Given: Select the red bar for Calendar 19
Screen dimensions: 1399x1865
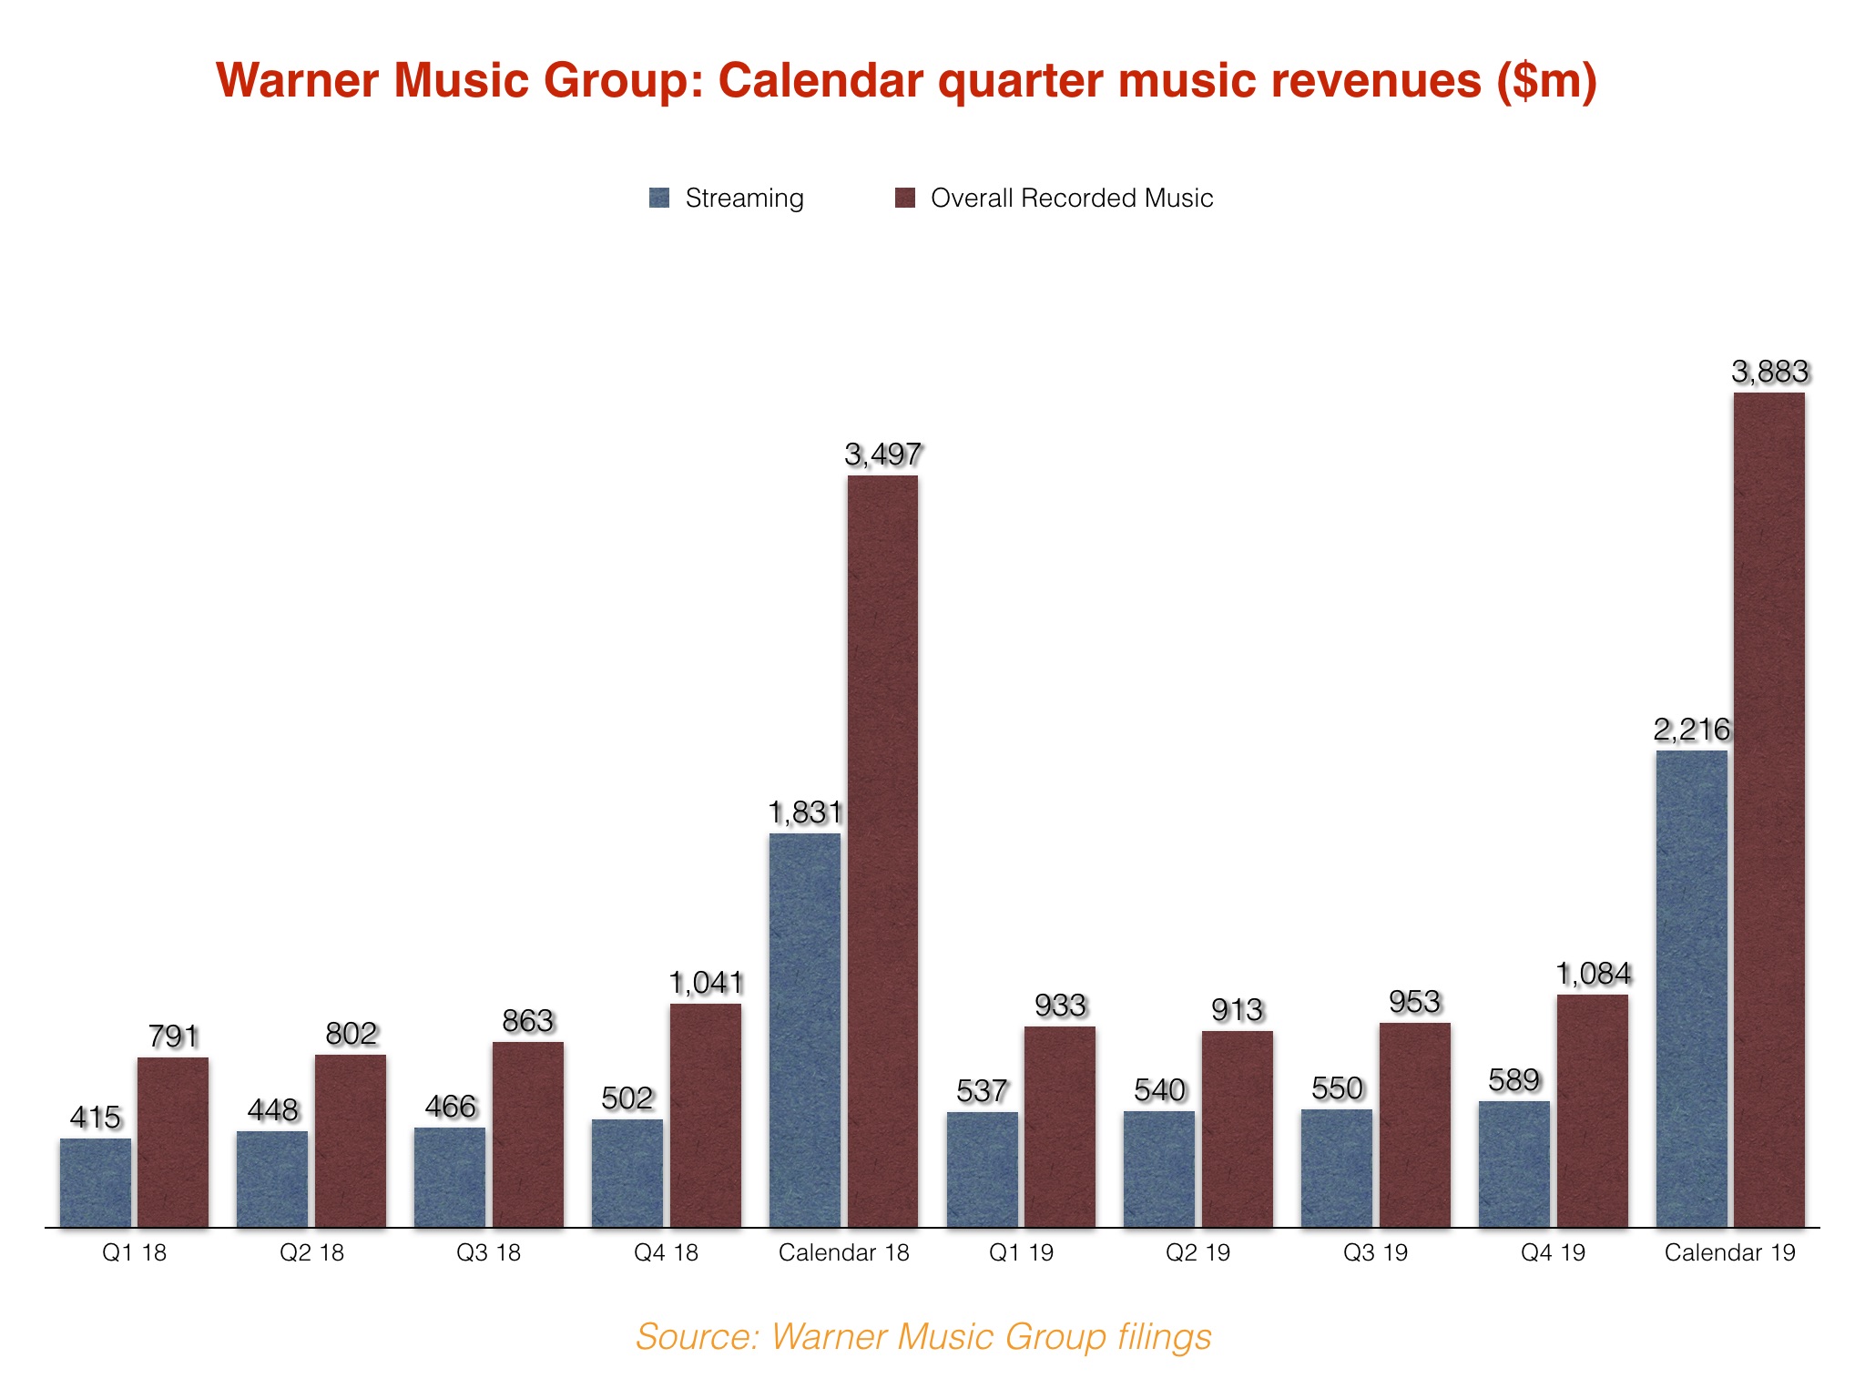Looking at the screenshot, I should point(1768,811).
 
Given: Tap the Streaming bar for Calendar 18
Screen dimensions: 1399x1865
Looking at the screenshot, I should point(805,1029).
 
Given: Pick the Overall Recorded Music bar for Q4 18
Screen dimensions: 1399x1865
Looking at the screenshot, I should point(706,1116).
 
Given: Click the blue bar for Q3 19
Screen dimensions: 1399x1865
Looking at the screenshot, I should point(1336,1168).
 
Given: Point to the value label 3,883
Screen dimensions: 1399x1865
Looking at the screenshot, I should point(1769,372).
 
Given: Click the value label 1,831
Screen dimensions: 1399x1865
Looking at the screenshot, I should point(805,812).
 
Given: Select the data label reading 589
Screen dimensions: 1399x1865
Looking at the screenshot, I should point(1513,1080).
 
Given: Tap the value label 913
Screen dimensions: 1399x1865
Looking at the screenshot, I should point(1237,1010).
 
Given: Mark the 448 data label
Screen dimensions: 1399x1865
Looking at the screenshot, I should point(272,1110).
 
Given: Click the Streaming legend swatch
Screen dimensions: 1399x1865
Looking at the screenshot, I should point(659,198).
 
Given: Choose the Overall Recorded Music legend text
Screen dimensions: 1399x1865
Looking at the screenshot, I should point(1071,198).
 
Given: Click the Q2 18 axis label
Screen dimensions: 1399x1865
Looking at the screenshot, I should point(311,1252).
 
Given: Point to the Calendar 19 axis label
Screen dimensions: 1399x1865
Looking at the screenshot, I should point(1729,1252).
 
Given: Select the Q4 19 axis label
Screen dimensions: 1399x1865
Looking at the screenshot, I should point(1553,1252).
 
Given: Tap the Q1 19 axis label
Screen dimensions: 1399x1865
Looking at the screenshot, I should point(1021,1252).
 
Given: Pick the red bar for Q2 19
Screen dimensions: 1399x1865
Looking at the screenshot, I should point(1237,1129).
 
